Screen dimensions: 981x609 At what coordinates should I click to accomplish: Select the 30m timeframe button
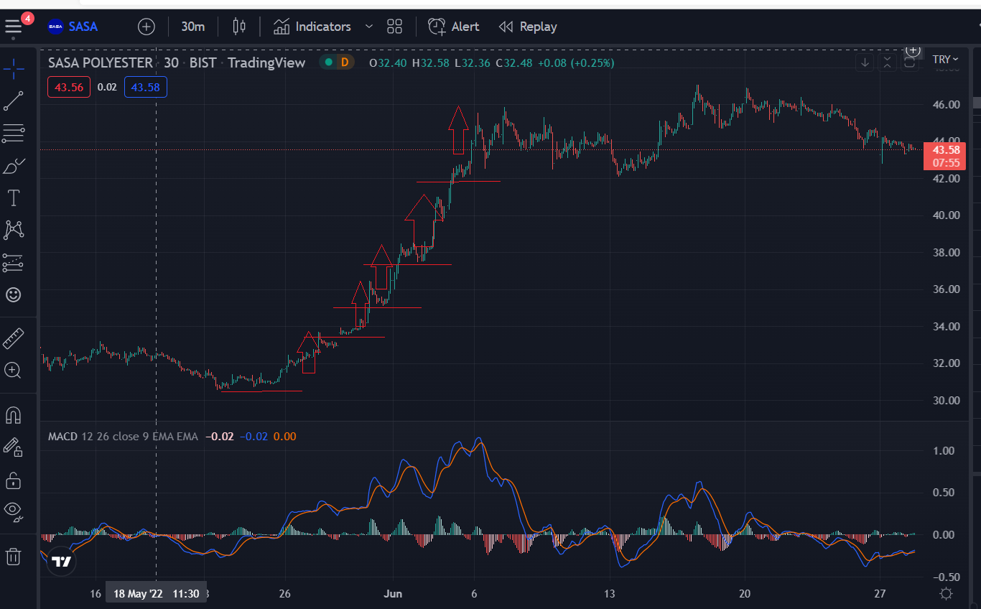192,27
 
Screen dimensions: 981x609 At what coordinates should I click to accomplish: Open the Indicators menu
312,27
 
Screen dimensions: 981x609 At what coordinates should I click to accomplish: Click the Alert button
453,27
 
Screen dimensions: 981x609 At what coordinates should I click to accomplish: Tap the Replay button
528,27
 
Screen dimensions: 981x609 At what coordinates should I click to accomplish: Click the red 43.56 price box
69,87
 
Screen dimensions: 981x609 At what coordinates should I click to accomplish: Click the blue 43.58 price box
145,87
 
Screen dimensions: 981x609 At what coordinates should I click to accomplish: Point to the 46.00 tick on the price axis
946,105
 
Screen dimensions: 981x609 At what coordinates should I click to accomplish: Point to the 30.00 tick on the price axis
946,401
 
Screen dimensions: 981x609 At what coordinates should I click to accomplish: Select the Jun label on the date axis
393,594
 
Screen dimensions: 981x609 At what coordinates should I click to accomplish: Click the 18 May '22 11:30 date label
156,594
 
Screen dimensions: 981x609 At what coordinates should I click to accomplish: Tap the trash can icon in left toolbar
13,557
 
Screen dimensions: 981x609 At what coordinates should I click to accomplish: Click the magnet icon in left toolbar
13,415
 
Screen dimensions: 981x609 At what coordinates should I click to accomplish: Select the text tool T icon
14,198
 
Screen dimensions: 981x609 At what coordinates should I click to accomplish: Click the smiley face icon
13,294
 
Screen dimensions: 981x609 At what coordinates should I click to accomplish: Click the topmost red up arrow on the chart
458,130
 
